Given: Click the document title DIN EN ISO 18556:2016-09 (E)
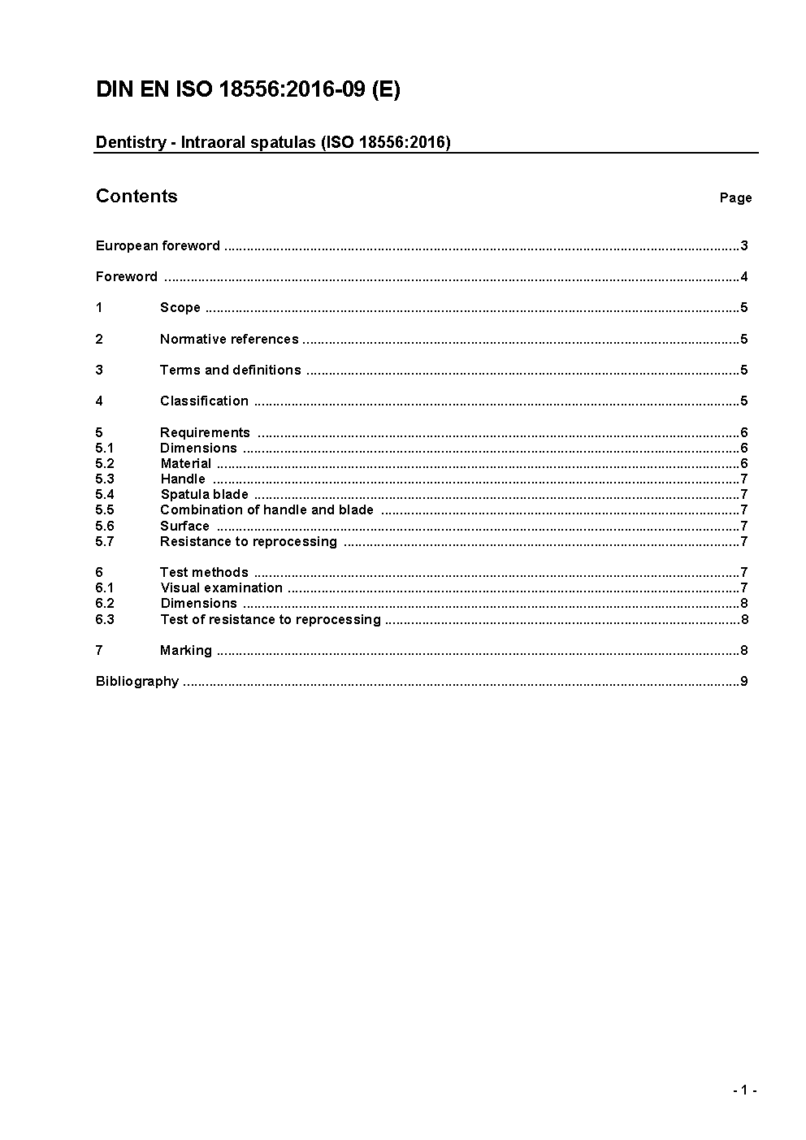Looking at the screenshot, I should point(248,89).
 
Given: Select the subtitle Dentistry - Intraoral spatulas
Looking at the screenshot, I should point(273,142).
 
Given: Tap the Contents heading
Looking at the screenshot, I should point(136,196).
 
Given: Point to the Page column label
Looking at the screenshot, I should point(735,197).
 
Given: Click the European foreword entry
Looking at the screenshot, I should point(158,245).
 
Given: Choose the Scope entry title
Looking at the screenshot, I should point(180,307).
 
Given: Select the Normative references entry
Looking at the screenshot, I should point(229,339).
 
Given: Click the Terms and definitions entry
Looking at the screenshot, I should point(231,370).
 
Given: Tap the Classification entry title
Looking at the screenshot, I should point(204,401).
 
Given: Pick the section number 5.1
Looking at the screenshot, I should point(105,448).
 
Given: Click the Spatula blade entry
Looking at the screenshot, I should point(204,494).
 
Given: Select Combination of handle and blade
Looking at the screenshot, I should point(266,509).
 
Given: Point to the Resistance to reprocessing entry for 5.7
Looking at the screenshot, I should point(248,541).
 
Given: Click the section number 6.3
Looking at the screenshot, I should point(105,619).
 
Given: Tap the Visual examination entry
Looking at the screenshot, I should point(221,587).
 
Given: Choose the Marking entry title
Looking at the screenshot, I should point(186,650).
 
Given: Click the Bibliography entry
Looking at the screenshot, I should point(137,681).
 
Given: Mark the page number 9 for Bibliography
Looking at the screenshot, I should point(743,681).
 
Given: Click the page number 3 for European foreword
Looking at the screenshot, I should point(743,245).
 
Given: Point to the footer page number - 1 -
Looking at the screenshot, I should point(744,1090).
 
